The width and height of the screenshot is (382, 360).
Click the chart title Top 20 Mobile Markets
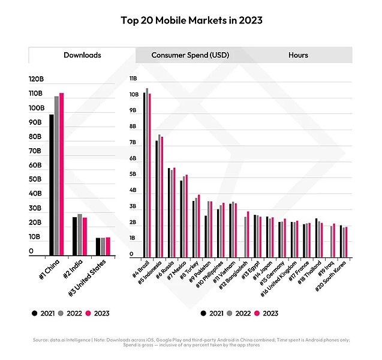[191, 20]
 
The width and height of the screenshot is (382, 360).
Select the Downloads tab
[82, 55]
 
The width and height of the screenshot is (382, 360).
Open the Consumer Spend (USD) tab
[190, 55]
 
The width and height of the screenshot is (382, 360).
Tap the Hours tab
[298, 55]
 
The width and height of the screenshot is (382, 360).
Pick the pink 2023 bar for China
[61, 174]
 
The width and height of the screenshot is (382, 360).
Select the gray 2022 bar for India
[80, 235]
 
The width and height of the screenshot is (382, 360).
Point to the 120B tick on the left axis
[36, 79]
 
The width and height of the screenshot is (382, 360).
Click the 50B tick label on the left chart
[36, 179]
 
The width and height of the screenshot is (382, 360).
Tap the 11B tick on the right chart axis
[133, 79]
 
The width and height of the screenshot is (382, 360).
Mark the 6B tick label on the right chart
[133, 158]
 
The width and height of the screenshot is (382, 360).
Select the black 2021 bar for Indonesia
[157, 198]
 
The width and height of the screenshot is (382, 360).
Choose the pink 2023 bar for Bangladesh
[248, 233]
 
